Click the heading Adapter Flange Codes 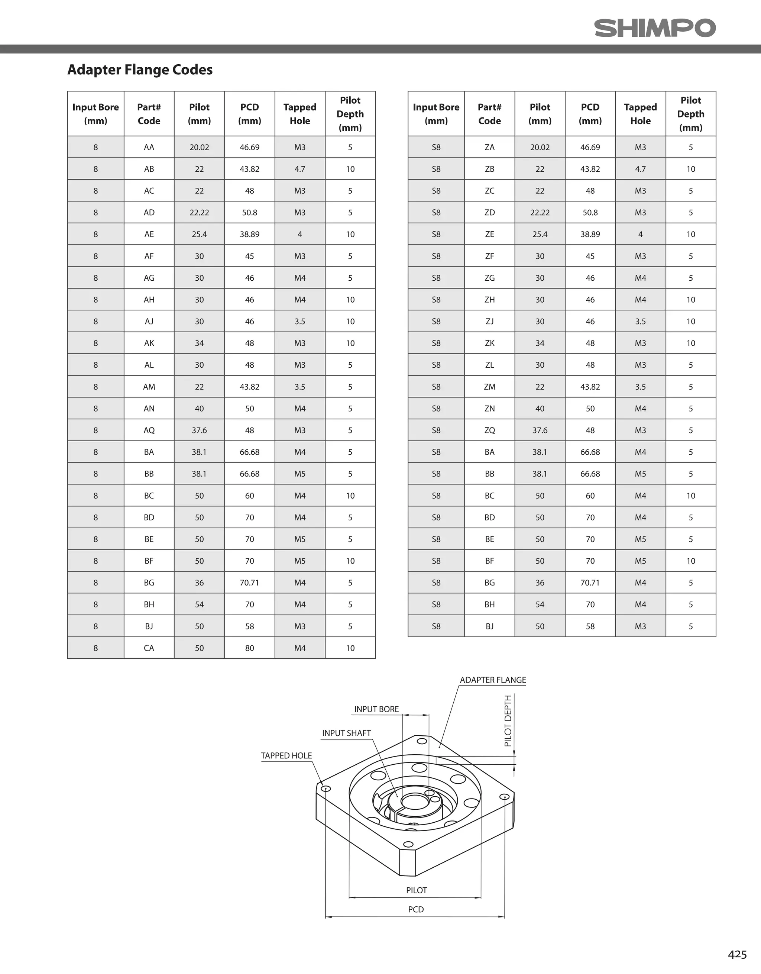(x=140, y=70)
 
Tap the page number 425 (x=737, y=954)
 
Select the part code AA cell (x=149, y=147)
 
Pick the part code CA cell (x=149, y=648)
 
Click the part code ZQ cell (x=489, y=430)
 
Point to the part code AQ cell (x=149, y=430)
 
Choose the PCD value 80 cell (x=250, y=648)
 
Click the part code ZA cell (x=489, y=147)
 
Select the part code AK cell (x=149, y=344)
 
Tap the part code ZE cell (x=489, y=235)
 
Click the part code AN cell (x=149, y=409)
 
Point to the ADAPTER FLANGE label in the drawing (x=493, y=680)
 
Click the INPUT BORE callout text (x=376, y=709)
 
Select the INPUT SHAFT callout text (x=346, y=733)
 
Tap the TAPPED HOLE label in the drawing (x=286, y=755)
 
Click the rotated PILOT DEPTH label (x=508, y=721)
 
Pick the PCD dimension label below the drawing (x=416, y=909)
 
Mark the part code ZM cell (x=489, y=387)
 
